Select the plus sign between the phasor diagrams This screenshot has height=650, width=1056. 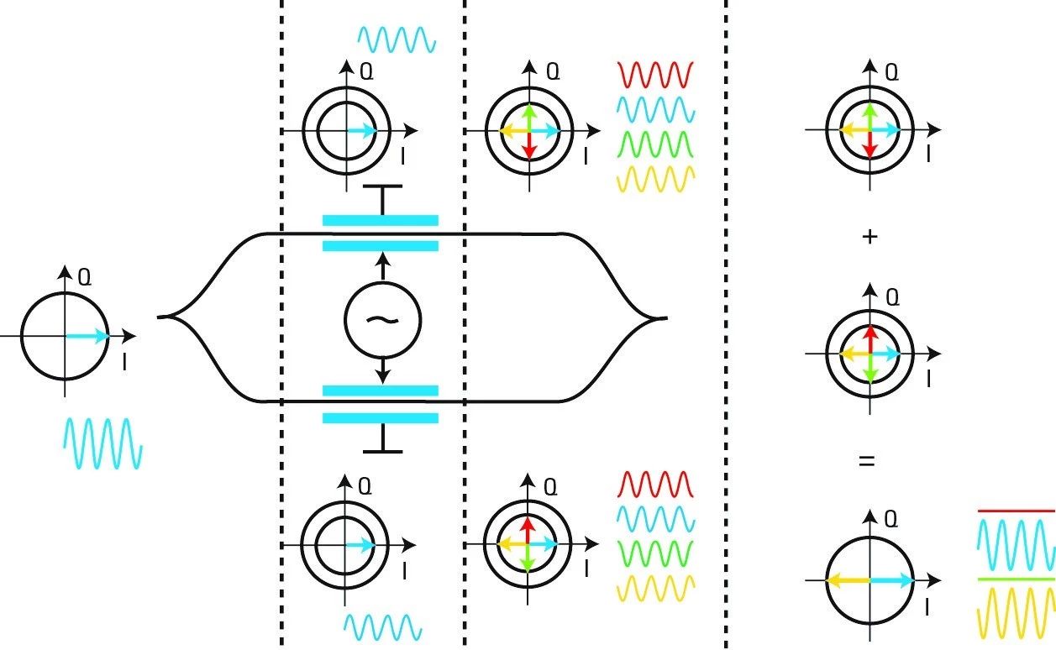point(869,238)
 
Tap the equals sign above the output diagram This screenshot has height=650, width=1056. point(868,461)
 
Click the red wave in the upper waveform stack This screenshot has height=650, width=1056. point(654,75)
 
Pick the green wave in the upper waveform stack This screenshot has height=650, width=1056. point(654,145)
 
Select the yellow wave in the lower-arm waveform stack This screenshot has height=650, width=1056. point(656,588)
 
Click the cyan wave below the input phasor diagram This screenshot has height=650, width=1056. point(103,443)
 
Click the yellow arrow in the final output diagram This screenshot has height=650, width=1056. point(848,580)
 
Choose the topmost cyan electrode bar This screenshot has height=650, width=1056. point(381,220)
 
